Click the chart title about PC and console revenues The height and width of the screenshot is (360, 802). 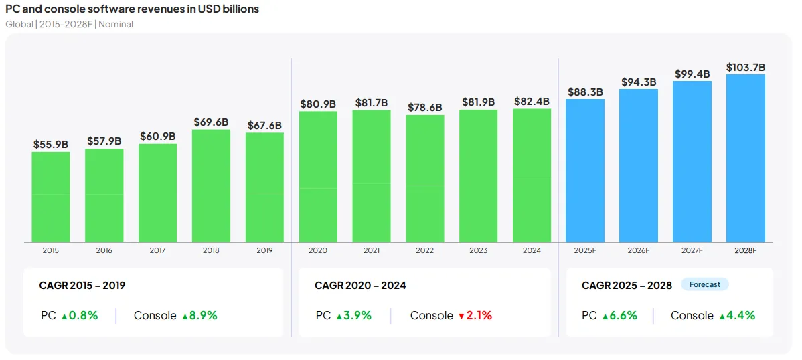click(132, 9)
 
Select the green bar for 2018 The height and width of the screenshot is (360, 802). click(211, 185)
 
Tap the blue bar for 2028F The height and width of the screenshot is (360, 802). click(745, 158)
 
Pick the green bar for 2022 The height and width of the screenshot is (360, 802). click(425, 178)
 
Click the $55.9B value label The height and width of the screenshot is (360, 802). click(51, 144)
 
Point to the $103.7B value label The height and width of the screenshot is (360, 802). click(745, 67)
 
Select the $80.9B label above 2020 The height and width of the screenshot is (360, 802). click(318, 104)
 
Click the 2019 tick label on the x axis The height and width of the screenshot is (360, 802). click(264, 250)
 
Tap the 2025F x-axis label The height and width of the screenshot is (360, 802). click(584, 250)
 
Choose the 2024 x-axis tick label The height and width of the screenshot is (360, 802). click(532, 250)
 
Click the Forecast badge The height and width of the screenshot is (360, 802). click(705, 284)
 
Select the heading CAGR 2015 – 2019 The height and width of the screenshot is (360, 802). click(82, 286)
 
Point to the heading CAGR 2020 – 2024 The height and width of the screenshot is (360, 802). click(360, 286)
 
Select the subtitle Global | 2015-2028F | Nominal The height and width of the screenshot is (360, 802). click(70, 24)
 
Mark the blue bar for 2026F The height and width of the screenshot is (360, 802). click(638, 165)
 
